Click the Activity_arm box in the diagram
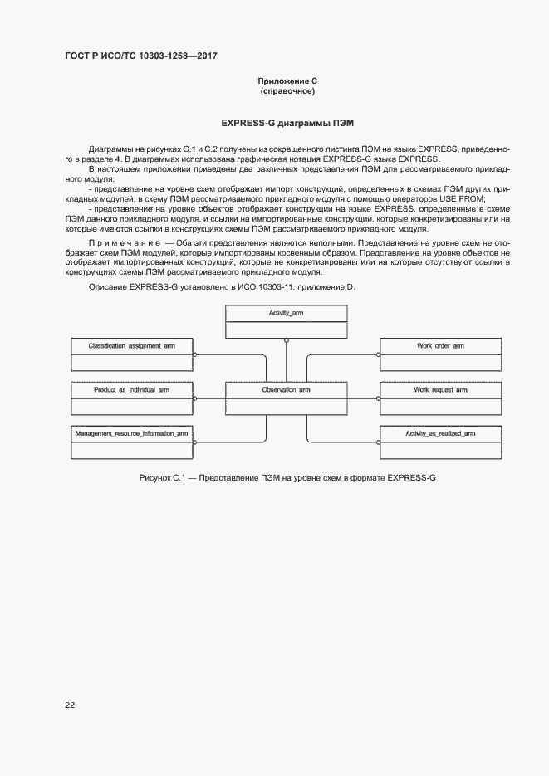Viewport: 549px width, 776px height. click(x=286, y=321)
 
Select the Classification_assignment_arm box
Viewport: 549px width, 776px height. click(x=131, y=353)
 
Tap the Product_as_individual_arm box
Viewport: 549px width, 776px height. click(x=131, y=398)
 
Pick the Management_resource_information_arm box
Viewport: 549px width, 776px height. click(x=131, y=442)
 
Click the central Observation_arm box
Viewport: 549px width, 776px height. click(x=286, y=398)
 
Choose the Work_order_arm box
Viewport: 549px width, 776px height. click(x=440, y=353)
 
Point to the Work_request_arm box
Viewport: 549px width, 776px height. click(x=440, y=398)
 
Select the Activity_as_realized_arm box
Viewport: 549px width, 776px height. click(x=440, y=442)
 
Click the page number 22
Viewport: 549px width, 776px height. click(x=70, y=705)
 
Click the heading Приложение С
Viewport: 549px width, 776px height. click(x=287, y=81)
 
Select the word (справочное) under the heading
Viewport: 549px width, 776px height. click(x=287, y=91)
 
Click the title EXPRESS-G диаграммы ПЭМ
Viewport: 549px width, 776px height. click(x=287, y=122)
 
